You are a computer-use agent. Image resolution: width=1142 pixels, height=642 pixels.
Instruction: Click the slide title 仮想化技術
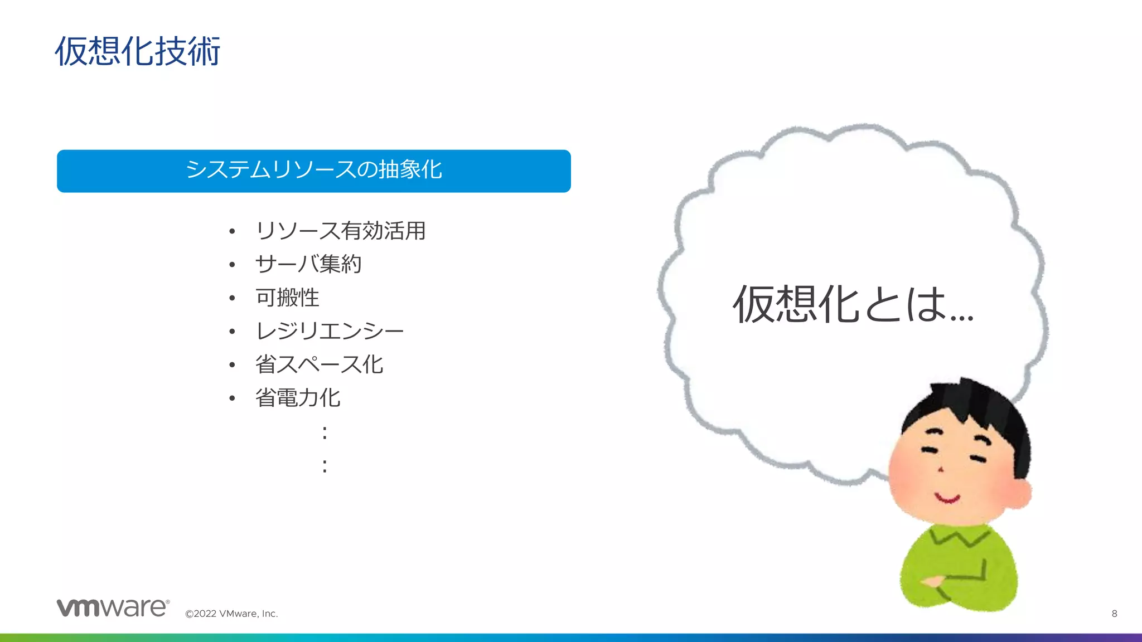(138, 51)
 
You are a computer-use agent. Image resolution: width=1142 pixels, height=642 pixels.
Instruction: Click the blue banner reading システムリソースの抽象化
(313, 171)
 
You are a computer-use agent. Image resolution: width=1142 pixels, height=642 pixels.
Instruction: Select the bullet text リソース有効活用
(340, 231)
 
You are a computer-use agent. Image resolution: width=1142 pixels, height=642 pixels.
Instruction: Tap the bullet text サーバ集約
(308, 264)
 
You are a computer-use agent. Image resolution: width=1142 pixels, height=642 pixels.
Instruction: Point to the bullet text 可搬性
(287, 298)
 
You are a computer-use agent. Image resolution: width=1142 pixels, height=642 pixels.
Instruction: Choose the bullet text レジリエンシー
(330, 331)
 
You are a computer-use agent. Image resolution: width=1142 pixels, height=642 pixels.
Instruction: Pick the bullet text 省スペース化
(319, 364)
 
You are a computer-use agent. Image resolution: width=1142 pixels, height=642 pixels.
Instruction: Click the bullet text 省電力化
(298, 398)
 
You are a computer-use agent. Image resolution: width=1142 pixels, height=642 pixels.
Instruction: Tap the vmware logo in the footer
(113, 607)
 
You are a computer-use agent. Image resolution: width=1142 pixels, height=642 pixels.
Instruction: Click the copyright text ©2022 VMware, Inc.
(231, 614)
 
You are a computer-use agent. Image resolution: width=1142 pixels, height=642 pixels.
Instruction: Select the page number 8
(1114, 614)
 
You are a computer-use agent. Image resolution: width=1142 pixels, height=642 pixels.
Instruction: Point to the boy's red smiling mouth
(947, 498)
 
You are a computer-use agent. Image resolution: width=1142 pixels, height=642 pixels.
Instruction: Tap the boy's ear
(1022, 494)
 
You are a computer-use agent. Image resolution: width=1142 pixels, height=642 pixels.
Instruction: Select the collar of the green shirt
(958, 536)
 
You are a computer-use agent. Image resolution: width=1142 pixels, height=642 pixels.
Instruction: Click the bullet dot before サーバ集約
(232, 265)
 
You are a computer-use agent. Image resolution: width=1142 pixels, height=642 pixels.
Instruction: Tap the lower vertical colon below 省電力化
(325, 466)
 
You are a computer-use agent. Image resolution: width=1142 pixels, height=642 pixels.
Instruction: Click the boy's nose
(941, 469)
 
